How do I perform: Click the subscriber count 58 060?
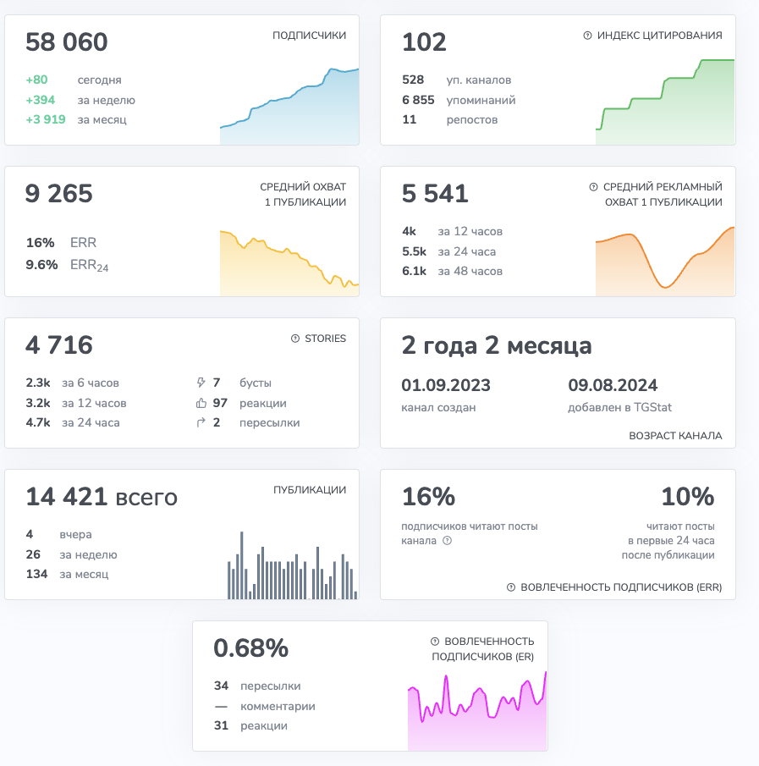pyautogui.click(x=67, y=42)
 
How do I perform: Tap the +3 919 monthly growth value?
pyautogui.click(x=46, y=119)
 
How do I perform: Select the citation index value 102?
pyautogui.click(x=424, y=42)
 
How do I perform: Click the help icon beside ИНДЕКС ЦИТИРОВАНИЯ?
pyautogui.click(x=587, y=36)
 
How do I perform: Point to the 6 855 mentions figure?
pyautogui.click(x=418, y=100)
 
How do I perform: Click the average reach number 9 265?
pyautogui.click(x=59, y=194)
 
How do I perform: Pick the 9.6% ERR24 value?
pyautogui.click(x=41, y=264)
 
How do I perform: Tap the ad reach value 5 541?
pyautogui.click(x=435, y=194)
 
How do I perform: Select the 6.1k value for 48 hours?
pyautogui.click(x=415, y=271)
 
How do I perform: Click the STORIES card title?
pyautogui.click(x=325, y=339)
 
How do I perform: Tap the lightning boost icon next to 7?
pyautogui.click(x=201, y=383)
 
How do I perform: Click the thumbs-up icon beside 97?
pyautogui.click(x=201, y=403)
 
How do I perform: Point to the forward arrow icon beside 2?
pyautogui.click(x=201, y=422)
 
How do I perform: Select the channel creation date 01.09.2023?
pyautogui.click(x=446, y=385)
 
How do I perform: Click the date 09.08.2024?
pyautogui.click(x=613, y=385)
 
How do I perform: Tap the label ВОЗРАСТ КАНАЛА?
pyautogui.click(x=675, y=436)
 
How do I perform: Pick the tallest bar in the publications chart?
pyautogui.click(x=242, y=565)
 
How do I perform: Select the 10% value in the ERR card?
pyautogui.click(x=687, y=497)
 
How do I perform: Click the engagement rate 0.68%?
pyautogui.click(x=250, y=648)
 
